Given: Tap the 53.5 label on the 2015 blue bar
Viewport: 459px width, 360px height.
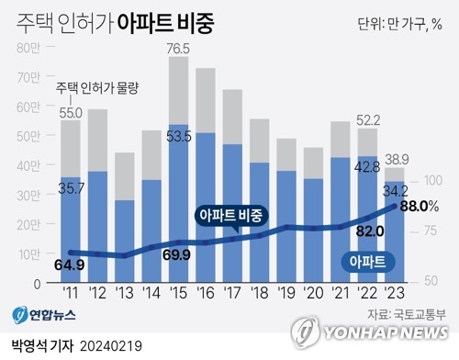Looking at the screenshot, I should tap(179, 138).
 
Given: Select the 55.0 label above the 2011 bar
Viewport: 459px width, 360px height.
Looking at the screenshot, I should tap(71, 112).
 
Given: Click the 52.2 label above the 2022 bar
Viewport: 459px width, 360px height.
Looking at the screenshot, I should tap(367, 121).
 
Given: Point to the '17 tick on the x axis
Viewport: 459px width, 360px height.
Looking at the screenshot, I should tap(233, 293).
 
